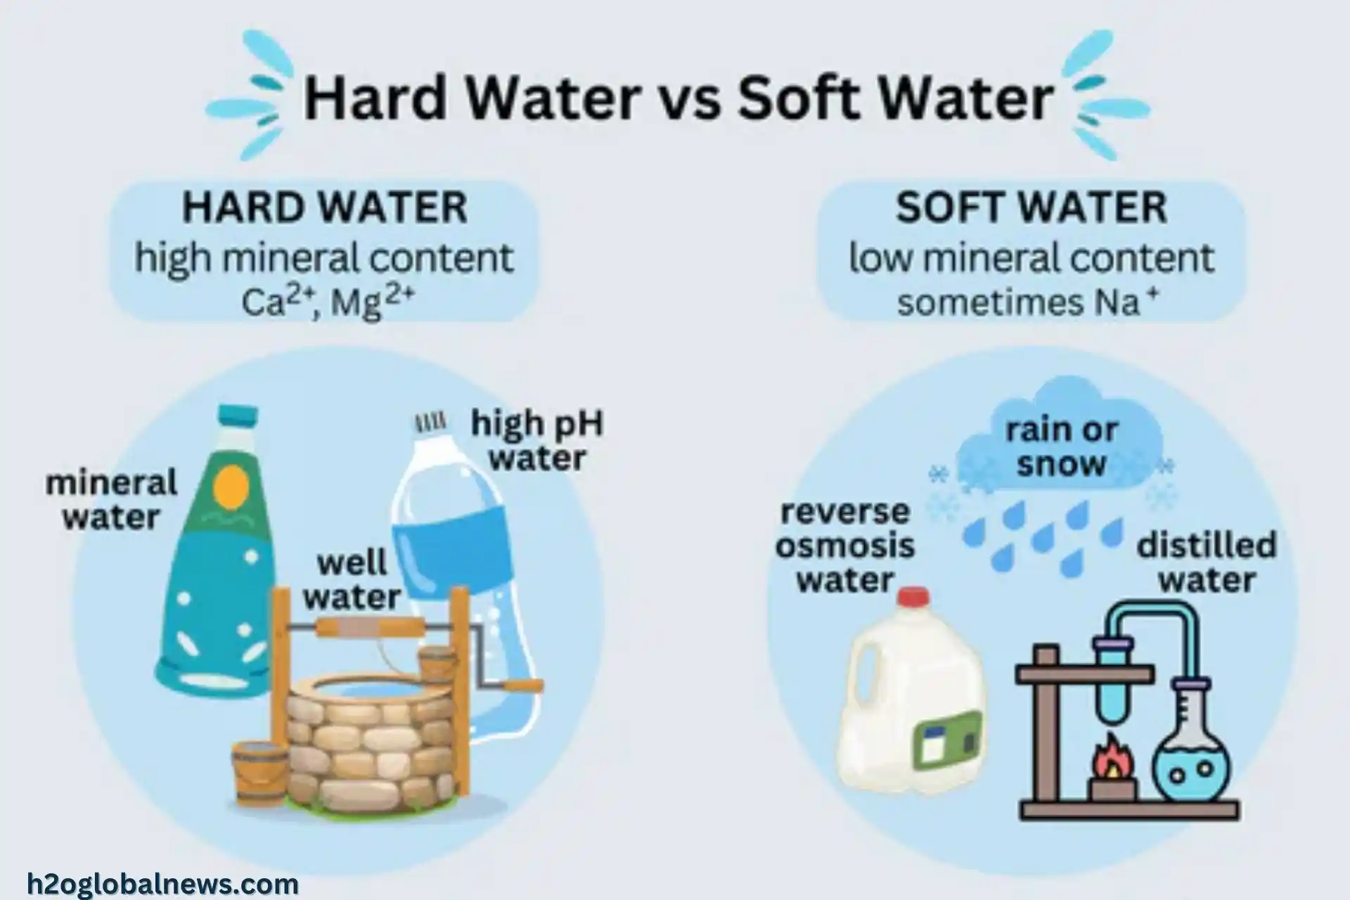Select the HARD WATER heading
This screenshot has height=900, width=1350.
coord(325,208)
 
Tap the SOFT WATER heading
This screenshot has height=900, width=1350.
coord(1031,207)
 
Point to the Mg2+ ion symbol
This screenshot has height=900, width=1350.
coord(372,302)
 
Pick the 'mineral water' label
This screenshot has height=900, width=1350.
coord(111,500)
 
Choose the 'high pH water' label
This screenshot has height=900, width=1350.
coord(537,441)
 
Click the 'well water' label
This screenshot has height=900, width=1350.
coord(352,580)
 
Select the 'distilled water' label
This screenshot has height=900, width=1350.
coord(1207,563)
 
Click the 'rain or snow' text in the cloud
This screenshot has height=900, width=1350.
coord(1061,447)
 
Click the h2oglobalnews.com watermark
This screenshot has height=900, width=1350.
coord(163,883)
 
